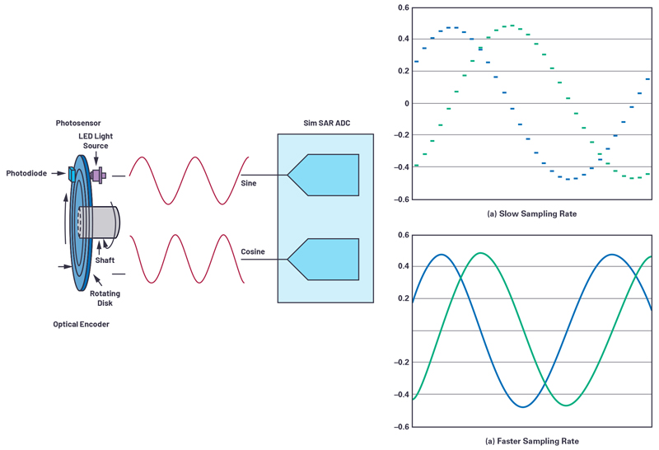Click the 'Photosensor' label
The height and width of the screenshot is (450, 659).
[x=78, y=123]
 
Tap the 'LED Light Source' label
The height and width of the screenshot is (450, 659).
[x=95, y=141]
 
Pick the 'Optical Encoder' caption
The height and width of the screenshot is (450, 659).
[x=82, y=324]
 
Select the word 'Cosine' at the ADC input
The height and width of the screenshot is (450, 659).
[x=254, y=251]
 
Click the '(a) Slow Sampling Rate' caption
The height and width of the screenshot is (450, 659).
[x=530, y=213]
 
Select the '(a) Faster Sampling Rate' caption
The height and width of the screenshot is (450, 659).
[x=530, y=441]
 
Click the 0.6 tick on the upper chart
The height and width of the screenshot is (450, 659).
[x=403, y=7]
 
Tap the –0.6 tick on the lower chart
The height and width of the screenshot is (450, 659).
[x=401, y=426]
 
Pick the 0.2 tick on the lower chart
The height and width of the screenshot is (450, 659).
[x=403, y=298]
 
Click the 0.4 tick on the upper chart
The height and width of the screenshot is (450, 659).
[x=403, y=39]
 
